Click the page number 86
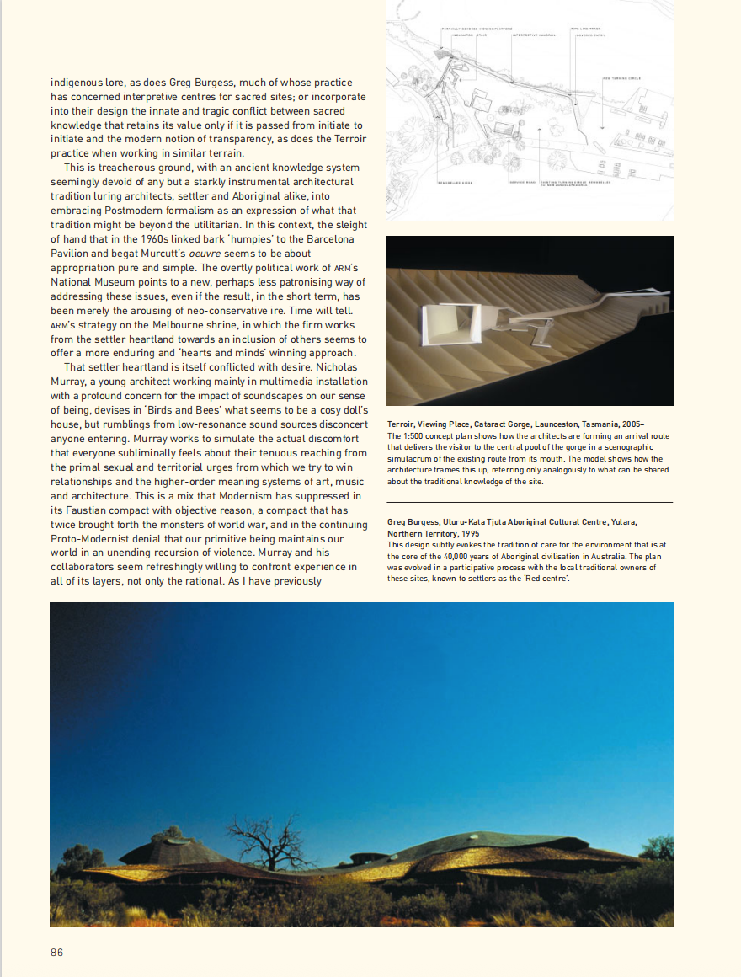tap(56, 952)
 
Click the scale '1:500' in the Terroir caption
tap(410, 435)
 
